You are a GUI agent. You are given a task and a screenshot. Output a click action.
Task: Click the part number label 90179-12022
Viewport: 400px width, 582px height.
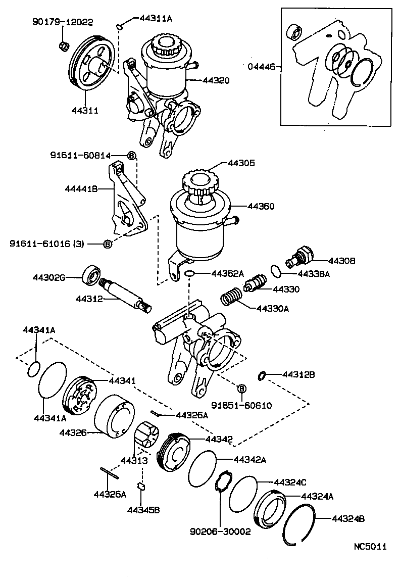(x=63, y=22)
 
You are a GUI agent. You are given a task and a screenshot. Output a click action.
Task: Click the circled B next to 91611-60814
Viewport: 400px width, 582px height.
(x=131, y=156)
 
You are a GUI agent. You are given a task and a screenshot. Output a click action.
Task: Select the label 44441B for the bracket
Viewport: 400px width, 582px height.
(x=83, y=188)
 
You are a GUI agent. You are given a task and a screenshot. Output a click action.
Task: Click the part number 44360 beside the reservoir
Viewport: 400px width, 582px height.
(x=261, y=206)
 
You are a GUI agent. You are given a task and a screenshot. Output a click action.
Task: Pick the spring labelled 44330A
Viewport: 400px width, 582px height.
(x=232, y=295)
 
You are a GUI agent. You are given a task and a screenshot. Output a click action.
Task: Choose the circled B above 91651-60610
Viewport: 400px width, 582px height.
(x=241, y=389)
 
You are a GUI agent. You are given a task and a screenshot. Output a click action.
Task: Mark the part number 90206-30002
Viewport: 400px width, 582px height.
(x=220, y=532)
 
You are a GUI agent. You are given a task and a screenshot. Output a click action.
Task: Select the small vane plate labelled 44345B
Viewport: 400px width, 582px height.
(x=142, y=487)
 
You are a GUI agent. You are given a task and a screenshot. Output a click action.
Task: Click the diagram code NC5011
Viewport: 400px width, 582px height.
(x=370, y=546)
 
